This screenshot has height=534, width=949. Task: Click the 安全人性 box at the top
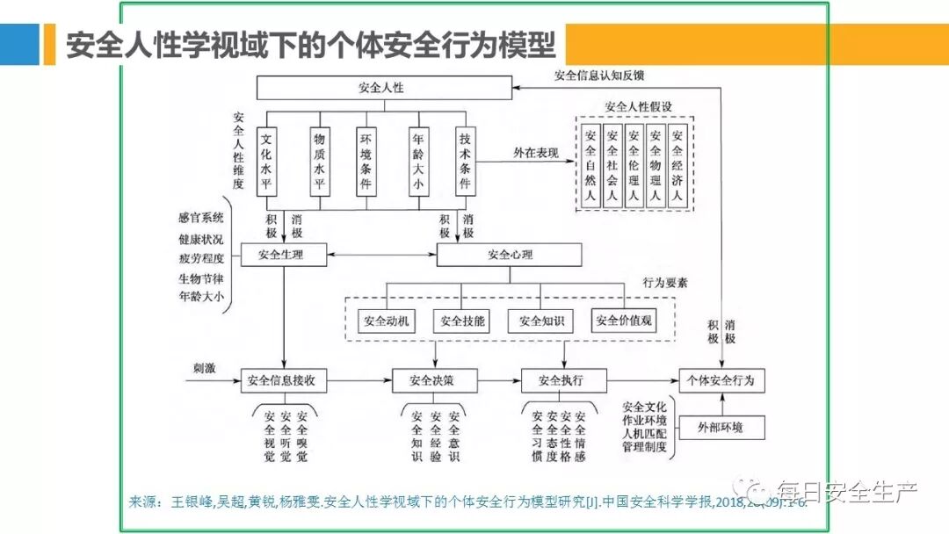384,88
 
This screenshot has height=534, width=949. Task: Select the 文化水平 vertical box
270,162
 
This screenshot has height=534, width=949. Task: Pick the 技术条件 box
466,162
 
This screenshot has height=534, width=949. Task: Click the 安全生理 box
281,256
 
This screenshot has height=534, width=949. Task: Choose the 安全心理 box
509,256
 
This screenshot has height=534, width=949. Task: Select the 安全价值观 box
624,321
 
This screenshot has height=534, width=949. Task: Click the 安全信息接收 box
284,381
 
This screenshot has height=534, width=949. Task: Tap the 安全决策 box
431,381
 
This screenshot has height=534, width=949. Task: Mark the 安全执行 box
560,381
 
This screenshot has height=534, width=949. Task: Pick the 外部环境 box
720,428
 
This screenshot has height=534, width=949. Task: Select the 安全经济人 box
677,164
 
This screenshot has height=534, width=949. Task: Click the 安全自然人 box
590,164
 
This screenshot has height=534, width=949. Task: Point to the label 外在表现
536,153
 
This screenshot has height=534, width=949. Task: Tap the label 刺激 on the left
205,368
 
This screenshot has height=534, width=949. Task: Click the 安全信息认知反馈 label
599,76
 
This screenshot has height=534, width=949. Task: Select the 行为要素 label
665,284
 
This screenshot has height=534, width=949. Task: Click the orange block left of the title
19,44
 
